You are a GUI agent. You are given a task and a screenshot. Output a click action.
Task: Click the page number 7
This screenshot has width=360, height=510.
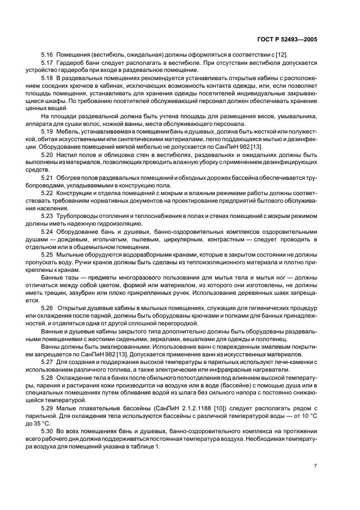click(315, 466)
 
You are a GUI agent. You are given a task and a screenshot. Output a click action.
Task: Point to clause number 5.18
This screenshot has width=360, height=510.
click(47, 79)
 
